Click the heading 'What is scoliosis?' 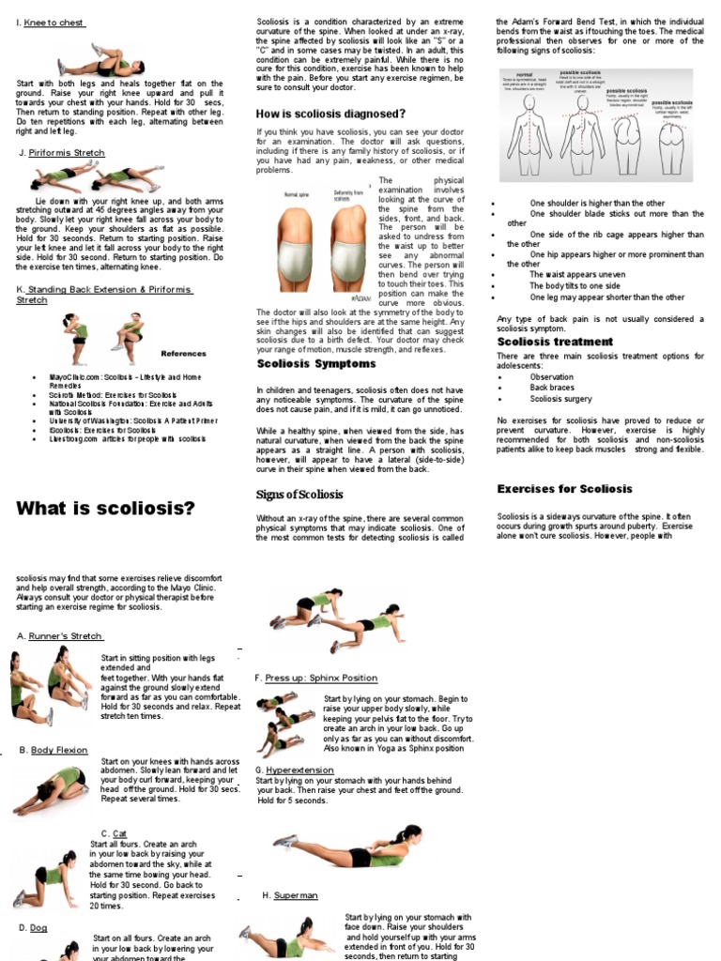pyautogui.click(x=106, y=509)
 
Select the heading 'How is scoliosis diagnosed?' pyautogui.click(x=330, y=114)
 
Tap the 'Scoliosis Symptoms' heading pyautogui.click(x=316, y=363)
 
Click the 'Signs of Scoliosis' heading pyautogui.click(x=299, y=495)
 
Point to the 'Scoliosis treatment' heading pyautogui.click(x=554, y=342)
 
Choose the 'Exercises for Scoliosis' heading pyautogui.click(x=564, y=489)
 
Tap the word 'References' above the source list pyautogui.click(x=183, y=354)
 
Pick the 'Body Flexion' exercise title pyautogui.click(x=59, y=750)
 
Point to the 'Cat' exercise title pyautogui.click(x=119, y=833)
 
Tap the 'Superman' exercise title pyautogui.click(x=296, y=896)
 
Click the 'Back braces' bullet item pyautogui.click(x=551, y=388)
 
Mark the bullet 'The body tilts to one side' pyautogui.click(x=575, y=286)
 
